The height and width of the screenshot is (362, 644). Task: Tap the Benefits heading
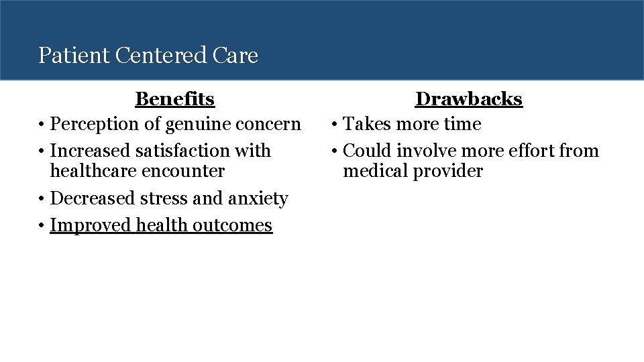tap(174, 99)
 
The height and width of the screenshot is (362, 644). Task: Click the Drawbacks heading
tap(468, 99)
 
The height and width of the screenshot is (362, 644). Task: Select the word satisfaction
tap(190, 151)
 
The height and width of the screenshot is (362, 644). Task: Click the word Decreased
tap(93, 199)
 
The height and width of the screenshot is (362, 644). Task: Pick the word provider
tap(447, 172)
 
